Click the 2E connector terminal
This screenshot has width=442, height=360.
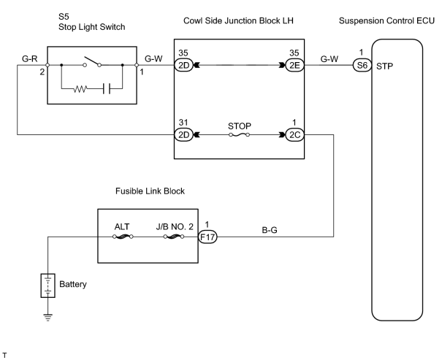point(294,65)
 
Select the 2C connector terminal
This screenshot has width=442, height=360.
point(294,134)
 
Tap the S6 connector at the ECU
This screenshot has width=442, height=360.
point(362,65)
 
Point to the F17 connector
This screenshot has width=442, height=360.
point(207,237)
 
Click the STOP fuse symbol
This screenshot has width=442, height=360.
point(240,135)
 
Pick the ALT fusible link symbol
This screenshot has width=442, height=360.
point(123,237)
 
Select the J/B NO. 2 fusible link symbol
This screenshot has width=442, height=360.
point(174,237)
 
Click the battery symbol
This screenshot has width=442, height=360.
point(48,286)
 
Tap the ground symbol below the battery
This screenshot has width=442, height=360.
point(48,317)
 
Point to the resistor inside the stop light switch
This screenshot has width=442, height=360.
point(80,89)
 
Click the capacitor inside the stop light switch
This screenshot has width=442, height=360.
point(107,89)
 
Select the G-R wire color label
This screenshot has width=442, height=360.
point(30,58)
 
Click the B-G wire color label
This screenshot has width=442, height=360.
point(270,230)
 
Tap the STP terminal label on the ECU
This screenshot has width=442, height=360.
point(384,66)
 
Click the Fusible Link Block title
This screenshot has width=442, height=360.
point(150,191)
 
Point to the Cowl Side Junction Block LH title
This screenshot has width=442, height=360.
point(238,20)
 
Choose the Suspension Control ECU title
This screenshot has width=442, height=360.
point(386,20)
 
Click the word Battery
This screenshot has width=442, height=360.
point(73,284)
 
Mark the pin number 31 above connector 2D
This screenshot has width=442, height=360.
point(183,122)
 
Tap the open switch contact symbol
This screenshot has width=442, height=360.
point(92,61)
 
